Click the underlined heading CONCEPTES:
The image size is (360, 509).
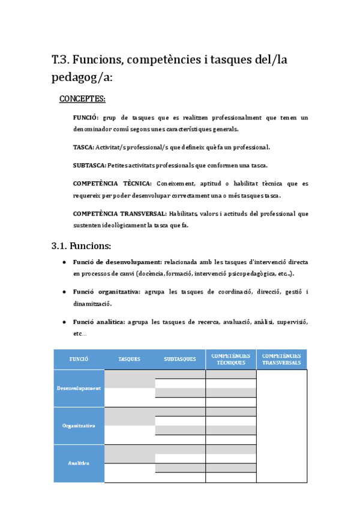tap(82, 98)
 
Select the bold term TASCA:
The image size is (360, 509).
tap(83, 147)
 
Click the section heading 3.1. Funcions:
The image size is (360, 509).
tap(81, 245)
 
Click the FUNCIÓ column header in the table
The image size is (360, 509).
tap(79, 359)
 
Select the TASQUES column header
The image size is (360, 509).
tap(130, 359)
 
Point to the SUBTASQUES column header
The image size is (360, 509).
tap(180, 359)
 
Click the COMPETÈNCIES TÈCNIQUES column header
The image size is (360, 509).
tap(231, 359)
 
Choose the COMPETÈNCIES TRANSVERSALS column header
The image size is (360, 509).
tap(281, 359)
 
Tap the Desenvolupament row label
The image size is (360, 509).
tap(79, 388)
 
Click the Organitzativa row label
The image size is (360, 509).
tap(79, 426)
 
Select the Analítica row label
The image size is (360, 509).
tap(79, 463)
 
